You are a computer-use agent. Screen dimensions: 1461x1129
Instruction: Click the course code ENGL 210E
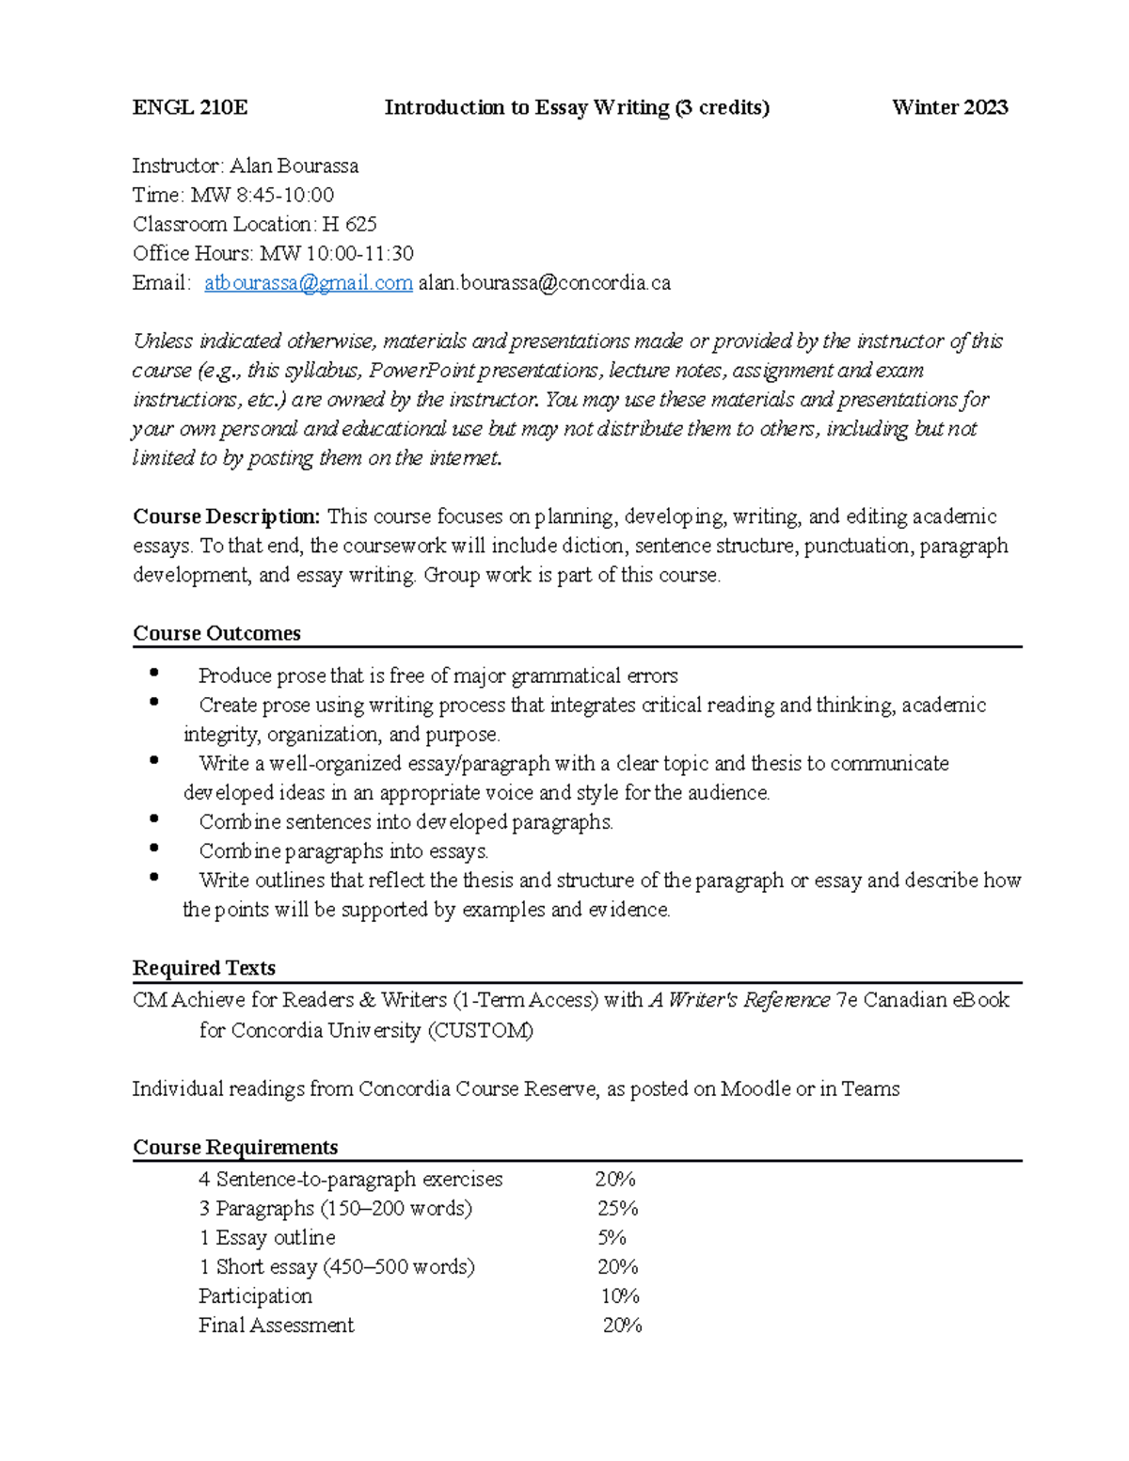tap(190, 107)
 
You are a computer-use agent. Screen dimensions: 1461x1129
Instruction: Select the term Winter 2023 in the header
tap(949, 107)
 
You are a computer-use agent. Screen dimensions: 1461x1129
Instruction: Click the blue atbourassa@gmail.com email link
tap(309, 282)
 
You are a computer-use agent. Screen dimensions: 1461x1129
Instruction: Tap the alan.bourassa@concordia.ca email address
tap(544, 282)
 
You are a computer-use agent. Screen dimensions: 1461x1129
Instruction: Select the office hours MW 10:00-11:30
tap(336, 253)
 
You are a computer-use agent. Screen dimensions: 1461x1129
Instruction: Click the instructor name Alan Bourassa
tap(294, 166)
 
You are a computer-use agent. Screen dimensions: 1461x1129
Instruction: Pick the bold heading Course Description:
tap(227, 516)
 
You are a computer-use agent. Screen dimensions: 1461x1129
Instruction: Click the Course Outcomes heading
tap(216, 633)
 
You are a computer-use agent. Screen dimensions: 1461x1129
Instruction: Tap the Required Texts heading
tap(204, 968)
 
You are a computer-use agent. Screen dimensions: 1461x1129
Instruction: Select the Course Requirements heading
tap(235, 1147)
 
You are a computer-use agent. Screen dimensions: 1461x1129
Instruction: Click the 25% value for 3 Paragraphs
tap(617, 1208)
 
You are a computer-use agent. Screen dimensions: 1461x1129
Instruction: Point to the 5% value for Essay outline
tap(612, 1237)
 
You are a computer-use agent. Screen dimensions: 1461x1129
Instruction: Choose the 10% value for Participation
tap(620, 1295)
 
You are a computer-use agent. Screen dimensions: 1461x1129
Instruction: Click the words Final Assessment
tap(276, 1325)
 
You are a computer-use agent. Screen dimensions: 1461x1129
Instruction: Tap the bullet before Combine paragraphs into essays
tap(154, 849)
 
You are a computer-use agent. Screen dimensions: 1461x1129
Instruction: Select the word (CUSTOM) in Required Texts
tap(480, 1030)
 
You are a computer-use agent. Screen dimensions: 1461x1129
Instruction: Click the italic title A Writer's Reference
tap(739, 999)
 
